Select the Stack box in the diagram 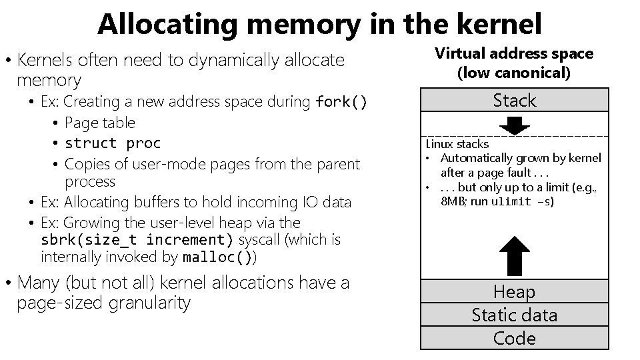515,101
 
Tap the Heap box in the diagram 515,291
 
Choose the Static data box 515,315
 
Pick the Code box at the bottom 515,338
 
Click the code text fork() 341,102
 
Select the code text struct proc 113,143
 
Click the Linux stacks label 457,144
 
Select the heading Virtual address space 514,53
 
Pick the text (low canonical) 514,72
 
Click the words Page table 100,123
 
